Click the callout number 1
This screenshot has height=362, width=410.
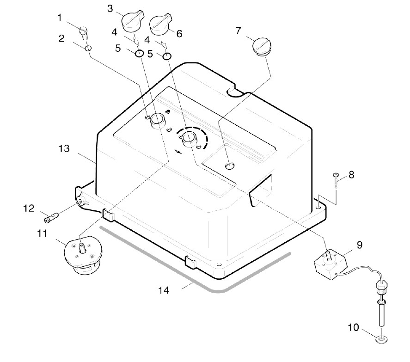60,18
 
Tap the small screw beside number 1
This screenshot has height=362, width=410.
84,32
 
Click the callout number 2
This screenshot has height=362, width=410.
61,38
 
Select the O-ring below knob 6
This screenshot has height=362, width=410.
167,56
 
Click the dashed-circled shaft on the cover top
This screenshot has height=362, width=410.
189,137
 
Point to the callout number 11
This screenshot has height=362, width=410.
43,233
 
